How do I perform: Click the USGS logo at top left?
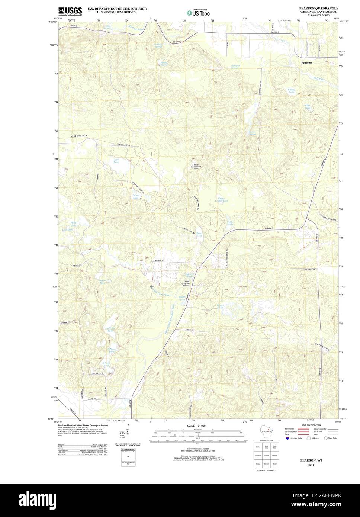(x=70, y=11)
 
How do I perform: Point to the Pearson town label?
(x=306, y=63)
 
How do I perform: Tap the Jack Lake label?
(x=116, y=161)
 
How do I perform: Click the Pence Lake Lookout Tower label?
(x=196, y=167)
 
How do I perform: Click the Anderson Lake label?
(x=110, y=329)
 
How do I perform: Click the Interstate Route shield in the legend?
(x=287, y=438)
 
